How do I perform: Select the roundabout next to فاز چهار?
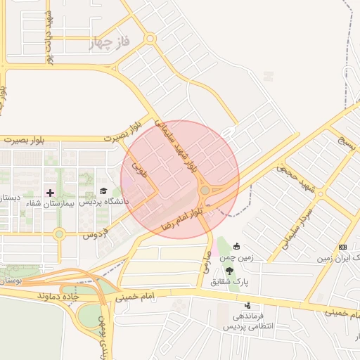(150, 39)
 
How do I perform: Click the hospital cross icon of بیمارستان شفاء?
(50, 192)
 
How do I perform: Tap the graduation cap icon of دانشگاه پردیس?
(103, 191)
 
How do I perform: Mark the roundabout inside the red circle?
(205, 191)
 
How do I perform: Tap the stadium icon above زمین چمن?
(236, 246)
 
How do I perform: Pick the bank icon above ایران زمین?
(342, 247)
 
